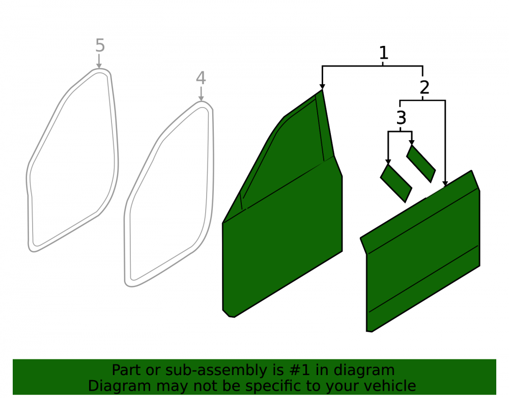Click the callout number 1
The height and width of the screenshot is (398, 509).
(383, 53)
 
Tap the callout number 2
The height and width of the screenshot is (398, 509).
(425, 87)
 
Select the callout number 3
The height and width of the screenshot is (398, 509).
(401, 118)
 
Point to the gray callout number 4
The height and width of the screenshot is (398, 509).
(201, 78)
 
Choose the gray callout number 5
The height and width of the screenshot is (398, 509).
(100, 45)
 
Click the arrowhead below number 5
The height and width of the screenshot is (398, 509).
(99, 66)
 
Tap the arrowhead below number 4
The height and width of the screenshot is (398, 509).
(201, 98)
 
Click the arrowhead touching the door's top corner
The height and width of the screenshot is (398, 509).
(322, 87)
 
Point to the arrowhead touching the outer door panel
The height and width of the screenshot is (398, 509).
(445, 183)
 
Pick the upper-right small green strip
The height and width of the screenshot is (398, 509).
(421, 164)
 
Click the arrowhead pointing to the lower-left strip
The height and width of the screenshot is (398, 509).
(388, 162)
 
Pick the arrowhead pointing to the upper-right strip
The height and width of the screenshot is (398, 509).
(412, 143)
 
